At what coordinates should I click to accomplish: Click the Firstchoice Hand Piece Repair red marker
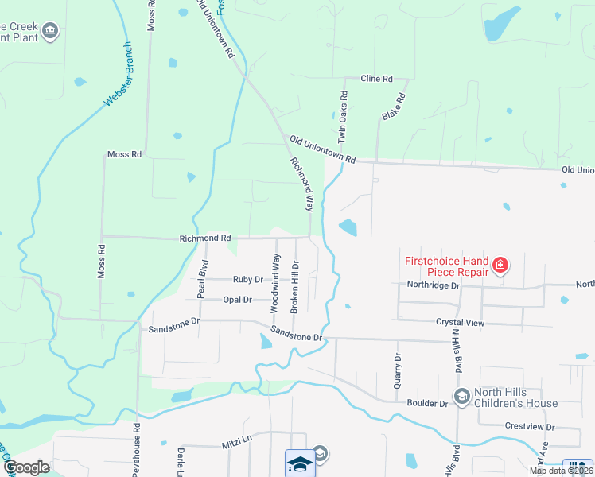(x=500, y=265)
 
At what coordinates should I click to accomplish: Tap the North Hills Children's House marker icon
(x=461, y=396)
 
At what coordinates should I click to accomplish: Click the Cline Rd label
(x=377, y=79)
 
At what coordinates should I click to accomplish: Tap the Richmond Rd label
(x=205, y=238)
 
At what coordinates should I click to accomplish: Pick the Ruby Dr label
(x=243, y=279)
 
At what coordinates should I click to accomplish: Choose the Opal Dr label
(x=237, y=300)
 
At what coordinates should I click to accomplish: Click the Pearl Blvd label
(x=204, y=275)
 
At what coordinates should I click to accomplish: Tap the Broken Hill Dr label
(x=294, y=286)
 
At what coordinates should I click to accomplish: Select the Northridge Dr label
(x=434, y=285)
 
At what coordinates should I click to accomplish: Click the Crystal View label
(x=460, y=323)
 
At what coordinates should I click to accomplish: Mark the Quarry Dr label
(x=398, y=370)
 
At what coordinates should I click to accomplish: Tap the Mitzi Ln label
(x=235, y=448)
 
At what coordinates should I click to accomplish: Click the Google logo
(x=26, y=467)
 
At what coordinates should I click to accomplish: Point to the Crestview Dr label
(x=529, y=427)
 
